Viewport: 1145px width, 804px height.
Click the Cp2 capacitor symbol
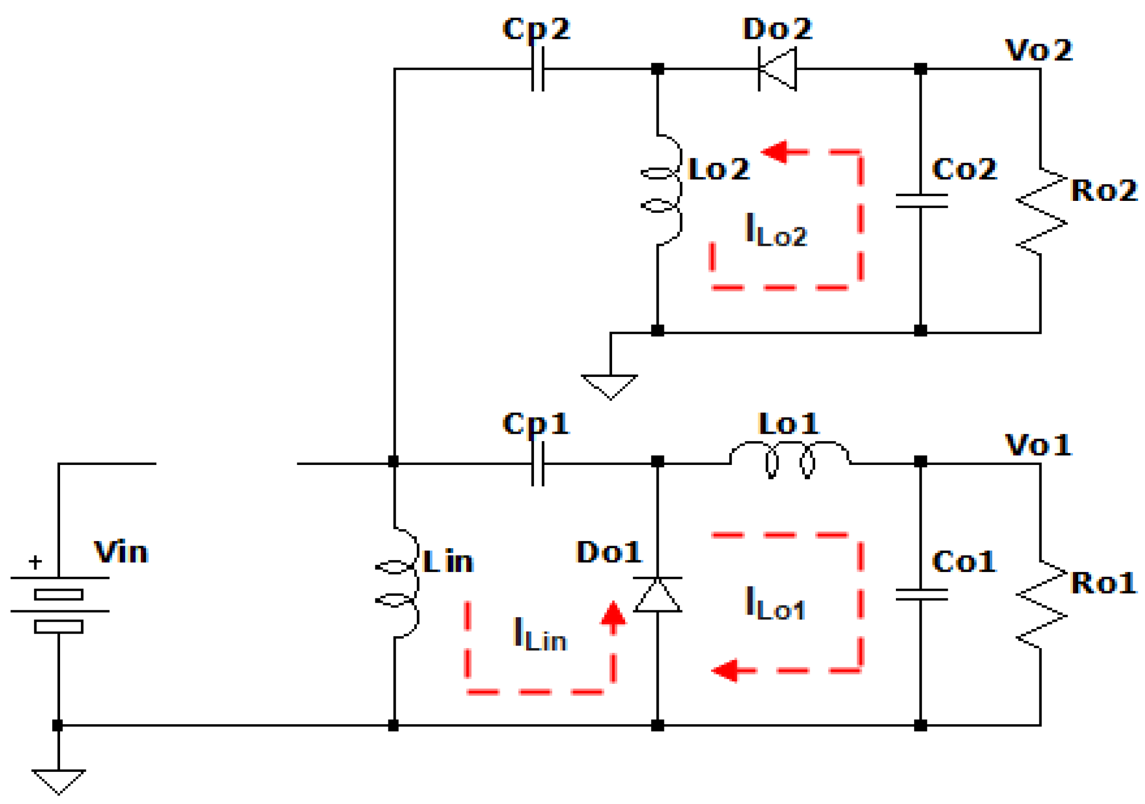[538, 69]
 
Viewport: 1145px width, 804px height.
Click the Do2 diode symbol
[777, 69]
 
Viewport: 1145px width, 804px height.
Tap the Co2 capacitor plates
[921, 201]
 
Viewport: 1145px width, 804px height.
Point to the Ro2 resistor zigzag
[1041, 211]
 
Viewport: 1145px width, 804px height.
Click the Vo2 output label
[1038, 50]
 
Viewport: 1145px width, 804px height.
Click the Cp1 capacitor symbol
[538, 463]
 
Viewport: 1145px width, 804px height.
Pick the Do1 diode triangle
[657, 595]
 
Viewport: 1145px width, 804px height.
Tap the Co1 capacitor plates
[921, 594]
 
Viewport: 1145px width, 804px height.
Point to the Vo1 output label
[1038, 445]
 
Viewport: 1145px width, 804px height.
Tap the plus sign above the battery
[35, 562]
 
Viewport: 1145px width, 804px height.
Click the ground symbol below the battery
[59, 781]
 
